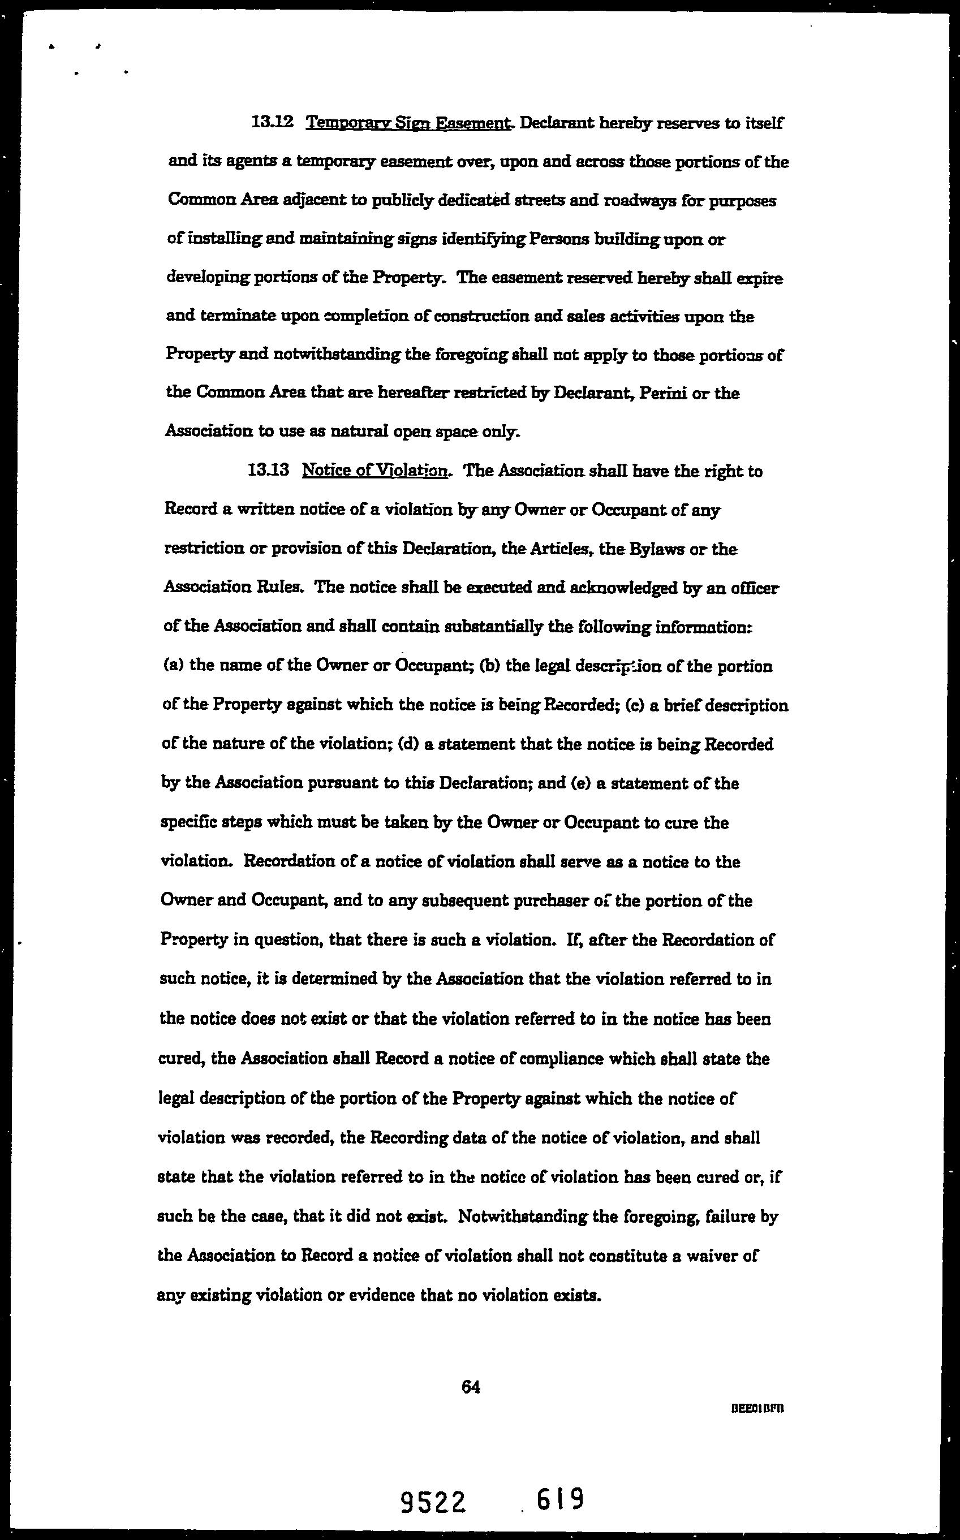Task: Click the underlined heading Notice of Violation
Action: tap(376, 471)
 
